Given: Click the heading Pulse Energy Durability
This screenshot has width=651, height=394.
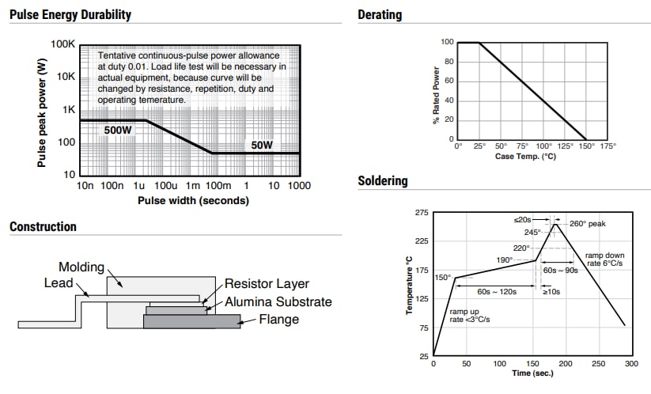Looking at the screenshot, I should [70, 15].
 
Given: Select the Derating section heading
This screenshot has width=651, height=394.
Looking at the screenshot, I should [380, 15].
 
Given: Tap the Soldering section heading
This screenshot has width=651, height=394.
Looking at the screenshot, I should [383, 181].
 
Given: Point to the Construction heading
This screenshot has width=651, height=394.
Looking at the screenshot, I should [43, 227].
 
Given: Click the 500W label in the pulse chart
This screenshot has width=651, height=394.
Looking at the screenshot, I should [118, 129].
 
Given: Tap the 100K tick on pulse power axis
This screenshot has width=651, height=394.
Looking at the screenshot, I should [62, 44].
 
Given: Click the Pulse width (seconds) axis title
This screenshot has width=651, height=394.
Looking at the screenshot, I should [193, 200].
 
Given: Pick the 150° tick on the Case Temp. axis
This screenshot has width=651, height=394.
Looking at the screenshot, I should [586, 146].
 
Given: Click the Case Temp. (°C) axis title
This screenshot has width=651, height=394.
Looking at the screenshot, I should [526, 156].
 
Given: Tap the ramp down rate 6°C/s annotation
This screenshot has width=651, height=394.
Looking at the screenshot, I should [606, 260].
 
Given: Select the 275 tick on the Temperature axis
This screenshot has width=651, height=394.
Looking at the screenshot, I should [421, 213].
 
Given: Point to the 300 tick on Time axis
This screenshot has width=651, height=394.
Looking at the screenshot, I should [631, 364].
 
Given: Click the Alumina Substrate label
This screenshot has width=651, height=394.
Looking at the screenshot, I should [278, 301].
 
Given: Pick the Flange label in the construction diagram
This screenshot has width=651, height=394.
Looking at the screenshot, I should [278, 320].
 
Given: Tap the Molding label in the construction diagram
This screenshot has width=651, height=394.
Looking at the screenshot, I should [81, 267].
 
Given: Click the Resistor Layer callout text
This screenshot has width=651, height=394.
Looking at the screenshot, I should [267, 283].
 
